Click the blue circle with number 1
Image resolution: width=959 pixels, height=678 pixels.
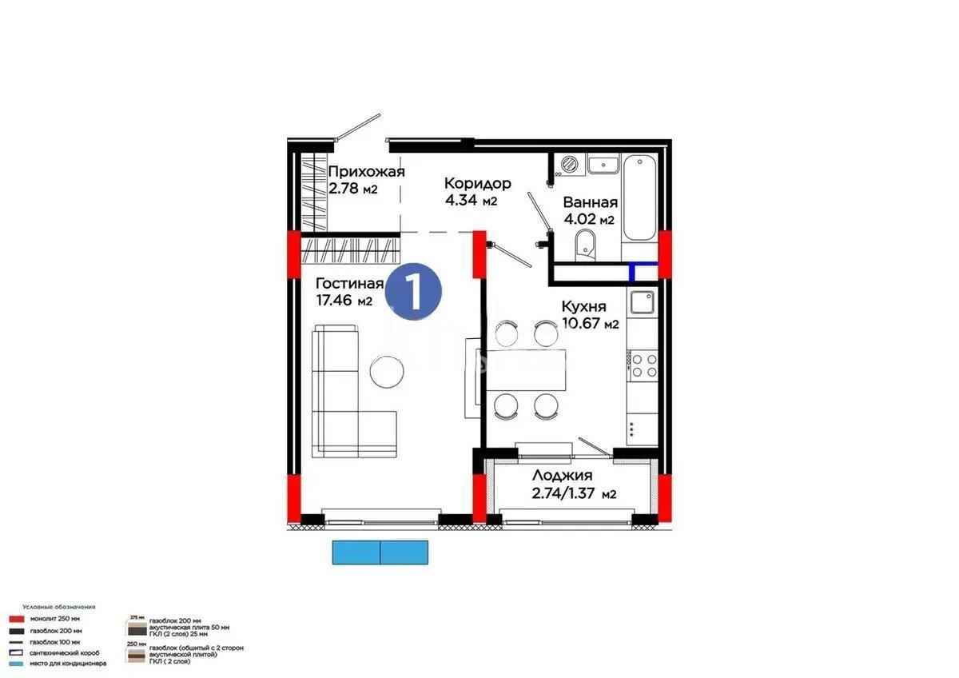[414, 293]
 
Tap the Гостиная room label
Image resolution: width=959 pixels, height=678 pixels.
[349, 284]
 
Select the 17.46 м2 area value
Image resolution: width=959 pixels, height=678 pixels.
[344, 301]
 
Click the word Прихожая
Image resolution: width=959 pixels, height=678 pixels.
[366, 171]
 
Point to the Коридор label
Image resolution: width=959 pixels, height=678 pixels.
[477, 183]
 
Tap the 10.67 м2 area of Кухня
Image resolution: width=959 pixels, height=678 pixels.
[591, 324]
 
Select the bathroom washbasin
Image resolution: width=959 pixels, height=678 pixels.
[603, 166]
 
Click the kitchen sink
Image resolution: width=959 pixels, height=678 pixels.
[643, 303]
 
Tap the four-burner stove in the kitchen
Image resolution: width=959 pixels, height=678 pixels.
[643, 366]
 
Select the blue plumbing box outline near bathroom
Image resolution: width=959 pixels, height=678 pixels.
[643, 272]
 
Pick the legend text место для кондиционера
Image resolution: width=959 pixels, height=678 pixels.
[68, 663]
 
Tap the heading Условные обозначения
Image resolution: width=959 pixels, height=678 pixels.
[58, 608]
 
